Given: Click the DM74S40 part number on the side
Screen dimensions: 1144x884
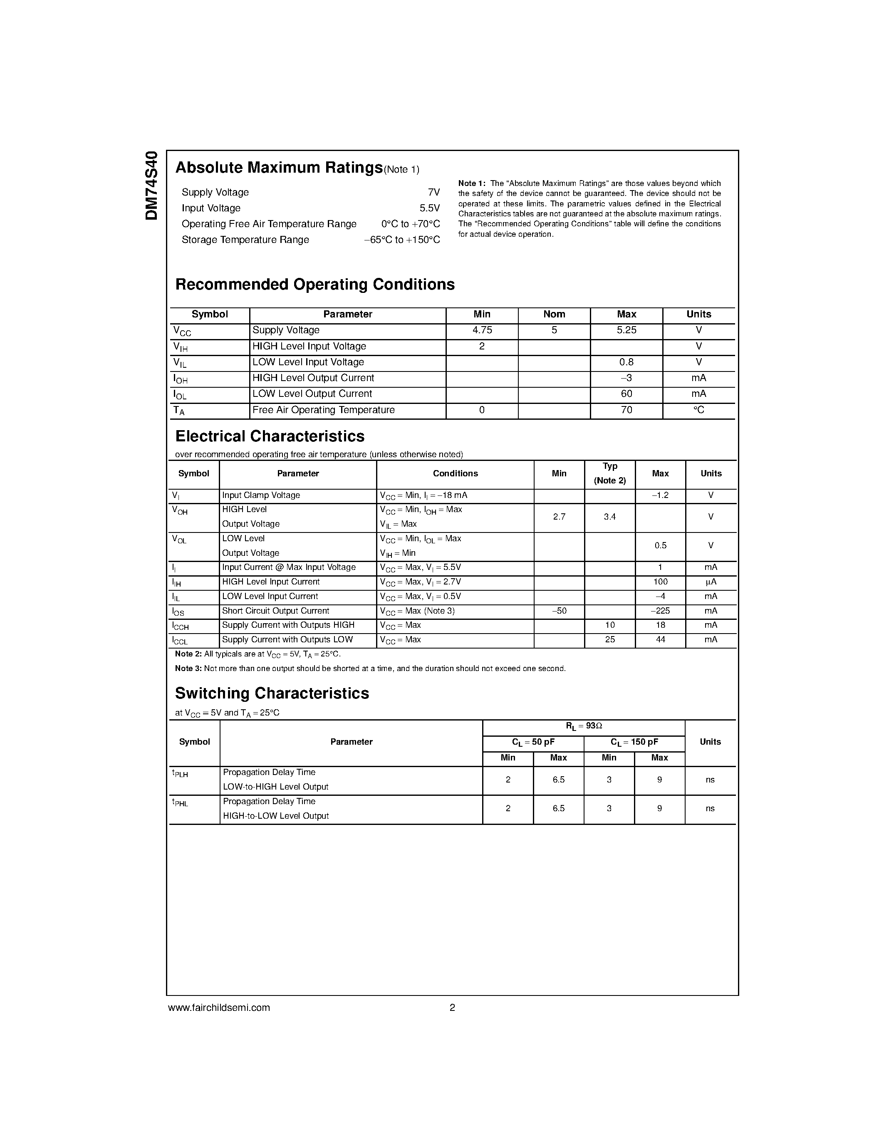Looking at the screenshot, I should coord(151,186).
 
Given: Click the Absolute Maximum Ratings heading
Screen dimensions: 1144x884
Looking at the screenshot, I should coord(279,168).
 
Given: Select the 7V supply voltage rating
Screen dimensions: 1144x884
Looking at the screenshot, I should coord(433,192).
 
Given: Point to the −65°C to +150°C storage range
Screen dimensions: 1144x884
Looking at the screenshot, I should coord(402,240).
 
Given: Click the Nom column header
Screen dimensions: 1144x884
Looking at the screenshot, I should coord(554,314).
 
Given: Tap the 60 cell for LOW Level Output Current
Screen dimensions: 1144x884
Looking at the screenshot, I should coord(626,394).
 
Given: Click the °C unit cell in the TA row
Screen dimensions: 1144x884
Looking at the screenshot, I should coord(698,410).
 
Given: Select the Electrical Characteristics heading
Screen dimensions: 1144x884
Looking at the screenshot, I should coord(270,436).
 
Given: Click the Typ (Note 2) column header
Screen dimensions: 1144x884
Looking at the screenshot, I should coord(609,473).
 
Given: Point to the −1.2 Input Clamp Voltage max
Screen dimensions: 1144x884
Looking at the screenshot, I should coord(660,495).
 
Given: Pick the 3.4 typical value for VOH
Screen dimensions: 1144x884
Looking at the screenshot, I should coord(609,517).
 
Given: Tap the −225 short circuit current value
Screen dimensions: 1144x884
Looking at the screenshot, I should coord(660,611).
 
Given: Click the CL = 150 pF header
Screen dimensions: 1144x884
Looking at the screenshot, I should coord(634,742).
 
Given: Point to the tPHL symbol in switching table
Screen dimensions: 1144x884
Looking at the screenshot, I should coord(180,802).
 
